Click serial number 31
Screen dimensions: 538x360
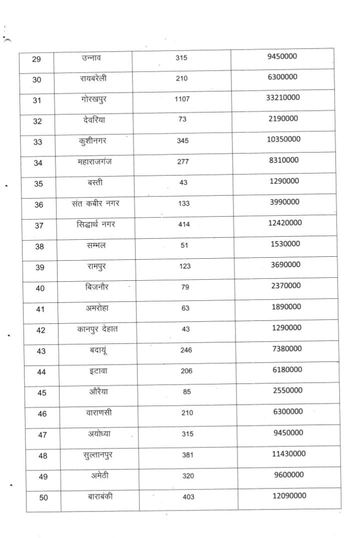click(36, 101)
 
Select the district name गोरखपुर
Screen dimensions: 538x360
click(93, 100)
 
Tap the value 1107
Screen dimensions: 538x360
click(182, 100)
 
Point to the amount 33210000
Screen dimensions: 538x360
click(283, 97)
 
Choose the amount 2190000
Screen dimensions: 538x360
click(283, 118)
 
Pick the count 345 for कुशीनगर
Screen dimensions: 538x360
click(182, 141)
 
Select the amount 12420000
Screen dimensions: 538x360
click(283, 223)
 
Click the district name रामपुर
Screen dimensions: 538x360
click(96, 266)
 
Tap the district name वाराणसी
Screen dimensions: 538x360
click(98, 413)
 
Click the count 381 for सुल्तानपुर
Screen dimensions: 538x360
click(187, 455)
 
